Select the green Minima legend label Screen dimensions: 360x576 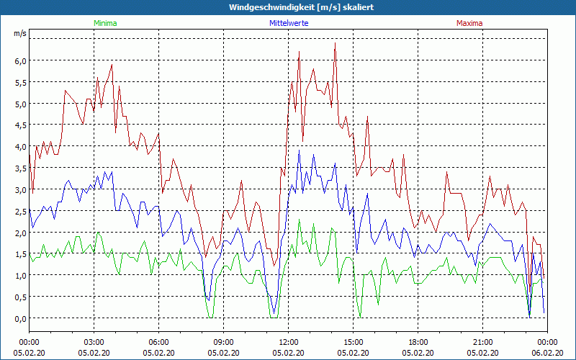pos(105,23)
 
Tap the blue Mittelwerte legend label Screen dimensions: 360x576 pos(288,23)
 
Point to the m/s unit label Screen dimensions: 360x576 pos(20,34)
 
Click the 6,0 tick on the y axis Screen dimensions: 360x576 pos(20,60)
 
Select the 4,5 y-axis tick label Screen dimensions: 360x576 pos(20,125)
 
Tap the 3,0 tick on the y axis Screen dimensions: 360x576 pos(20,189)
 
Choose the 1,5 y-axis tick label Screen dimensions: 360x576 pos(20,254)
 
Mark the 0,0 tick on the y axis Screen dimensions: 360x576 pos(20,318)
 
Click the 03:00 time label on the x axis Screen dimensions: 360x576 pos(94,342)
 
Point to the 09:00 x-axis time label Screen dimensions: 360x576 pos(224,342)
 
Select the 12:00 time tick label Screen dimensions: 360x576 pos(289,342)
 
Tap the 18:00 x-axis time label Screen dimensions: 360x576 pos(418,342)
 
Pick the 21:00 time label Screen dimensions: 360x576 pos(483,342)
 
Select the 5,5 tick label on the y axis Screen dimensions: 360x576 pos(20,82)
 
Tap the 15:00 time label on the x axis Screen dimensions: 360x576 pos(354,342)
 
